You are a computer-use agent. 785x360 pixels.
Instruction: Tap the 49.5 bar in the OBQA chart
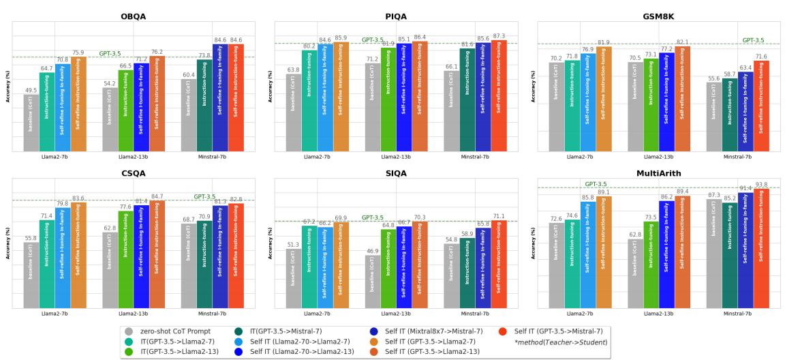tap(31, 123)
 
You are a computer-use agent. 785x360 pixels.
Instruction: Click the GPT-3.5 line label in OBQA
tap(110, 53)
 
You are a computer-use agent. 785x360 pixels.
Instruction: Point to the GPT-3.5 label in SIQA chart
tap(372, 217)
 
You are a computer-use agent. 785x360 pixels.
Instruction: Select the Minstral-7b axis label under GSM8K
tap(737, 157)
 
